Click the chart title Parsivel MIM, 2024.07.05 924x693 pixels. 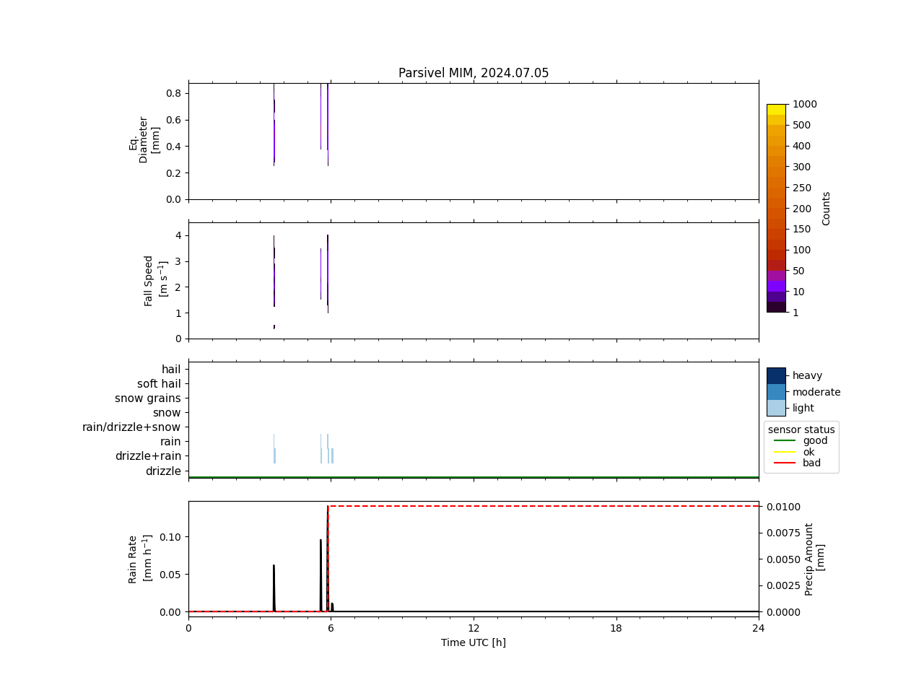474,73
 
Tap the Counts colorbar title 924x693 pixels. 827,208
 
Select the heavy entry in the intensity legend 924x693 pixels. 807,375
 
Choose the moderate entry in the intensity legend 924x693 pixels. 816,392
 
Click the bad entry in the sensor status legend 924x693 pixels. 811,463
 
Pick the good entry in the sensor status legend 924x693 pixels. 815,441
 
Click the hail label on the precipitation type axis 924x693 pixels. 171,370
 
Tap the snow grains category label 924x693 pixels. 148,398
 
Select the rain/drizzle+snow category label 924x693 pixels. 131,427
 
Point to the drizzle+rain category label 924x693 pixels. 148,456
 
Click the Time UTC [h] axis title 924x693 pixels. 474,642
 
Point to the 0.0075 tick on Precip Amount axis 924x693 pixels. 783,533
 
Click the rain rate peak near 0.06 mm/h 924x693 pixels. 274,566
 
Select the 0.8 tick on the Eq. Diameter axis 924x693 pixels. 174,93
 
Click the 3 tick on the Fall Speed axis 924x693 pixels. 178,261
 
